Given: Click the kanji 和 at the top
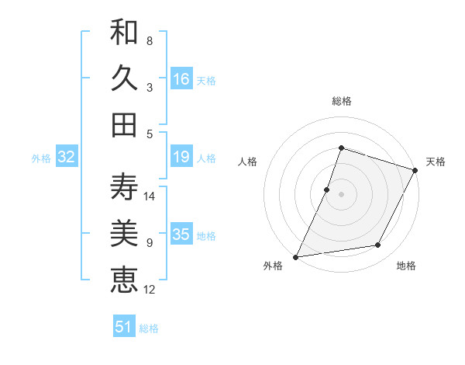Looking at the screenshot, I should pyautogui.click(x=124, y=33).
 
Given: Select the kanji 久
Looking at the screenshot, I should pyautogui.click(x=124, y=78).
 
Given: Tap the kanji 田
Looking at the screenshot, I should pyautogui.click(x=124, y=124).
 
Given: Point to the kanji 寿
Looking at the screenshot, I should pyautogui.click(x=124, y=187).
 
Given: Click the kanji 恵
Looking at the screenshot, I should pyautogui.click(x=124, y=280).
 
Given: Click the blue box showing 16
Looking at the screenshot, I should pyautogui.click(x=181, y=79).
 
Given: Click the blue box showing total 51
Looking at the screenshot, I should pyautogui.click(x=124, y=327).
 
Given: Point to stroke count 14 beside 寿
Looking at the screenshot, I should pyautogui.click(x=150, y=196).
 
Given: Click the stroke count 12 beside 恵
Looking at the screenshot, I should pyautogui.click(x=150, y=290).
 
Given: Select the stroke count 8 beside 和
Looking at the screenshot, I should pyautogui.click(x=149, y=40).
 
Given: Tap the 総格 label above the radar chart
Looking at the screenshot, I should pyautogui.click(x=341, y=101).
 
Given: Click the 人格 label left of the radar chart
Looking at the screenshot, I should pyautogui.click(x=247, y=162).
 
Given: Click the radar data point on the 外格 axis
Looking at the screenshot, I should pyautogui.click(x=296, y=256).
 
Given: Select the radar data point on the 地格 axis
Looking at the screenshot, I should pyautogui.click(x=378, y=245).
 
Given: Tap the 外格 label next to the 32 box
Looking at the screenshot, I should pyautogui.click(x=41, y=158).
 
